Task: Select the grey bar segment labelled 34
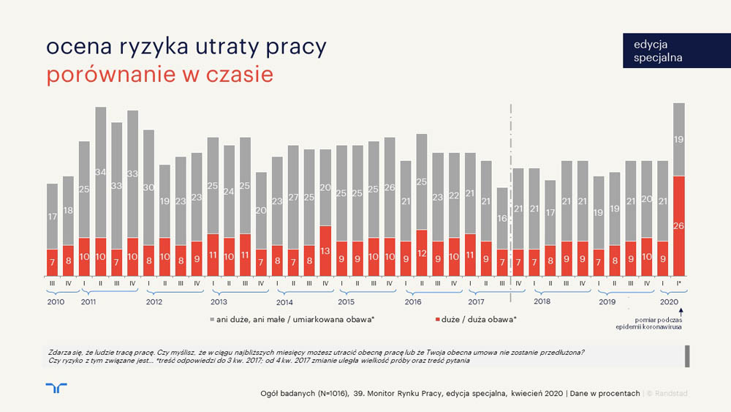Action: click(101, 172)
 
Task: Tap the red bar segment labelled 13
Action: click(325, 250)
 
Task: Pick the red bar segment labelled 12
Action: click(421, 252)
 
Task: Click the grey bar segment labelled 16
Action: click(501, 218)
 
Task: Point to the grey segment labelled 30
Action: click(148, 187)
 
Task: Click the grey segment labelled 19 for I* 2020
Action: click(678, 139)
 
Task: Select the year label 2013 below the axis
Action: click(218, 301)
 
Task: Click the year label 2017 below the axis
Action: click(476, 301)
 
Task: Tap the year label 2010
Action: click(56, 301)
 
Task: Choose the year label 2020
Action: click(670, 301)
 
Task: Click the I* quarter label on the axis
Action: click(679, 282)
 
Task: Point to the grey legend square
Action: click(212, 320)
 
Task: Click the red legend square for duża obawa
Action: click(437, 320)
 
